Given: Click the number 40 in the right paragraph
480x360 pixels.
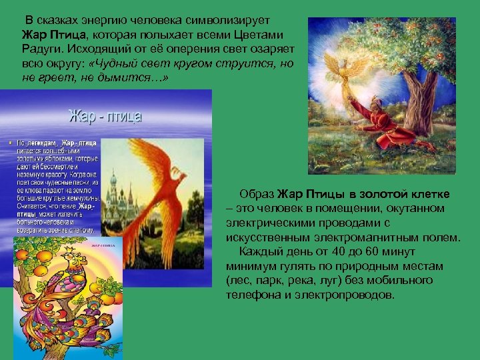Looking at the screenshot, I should click(x=350, y=252).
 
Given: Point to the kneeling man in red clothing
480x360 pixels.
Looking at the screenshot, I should click(x=387, y=123).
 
